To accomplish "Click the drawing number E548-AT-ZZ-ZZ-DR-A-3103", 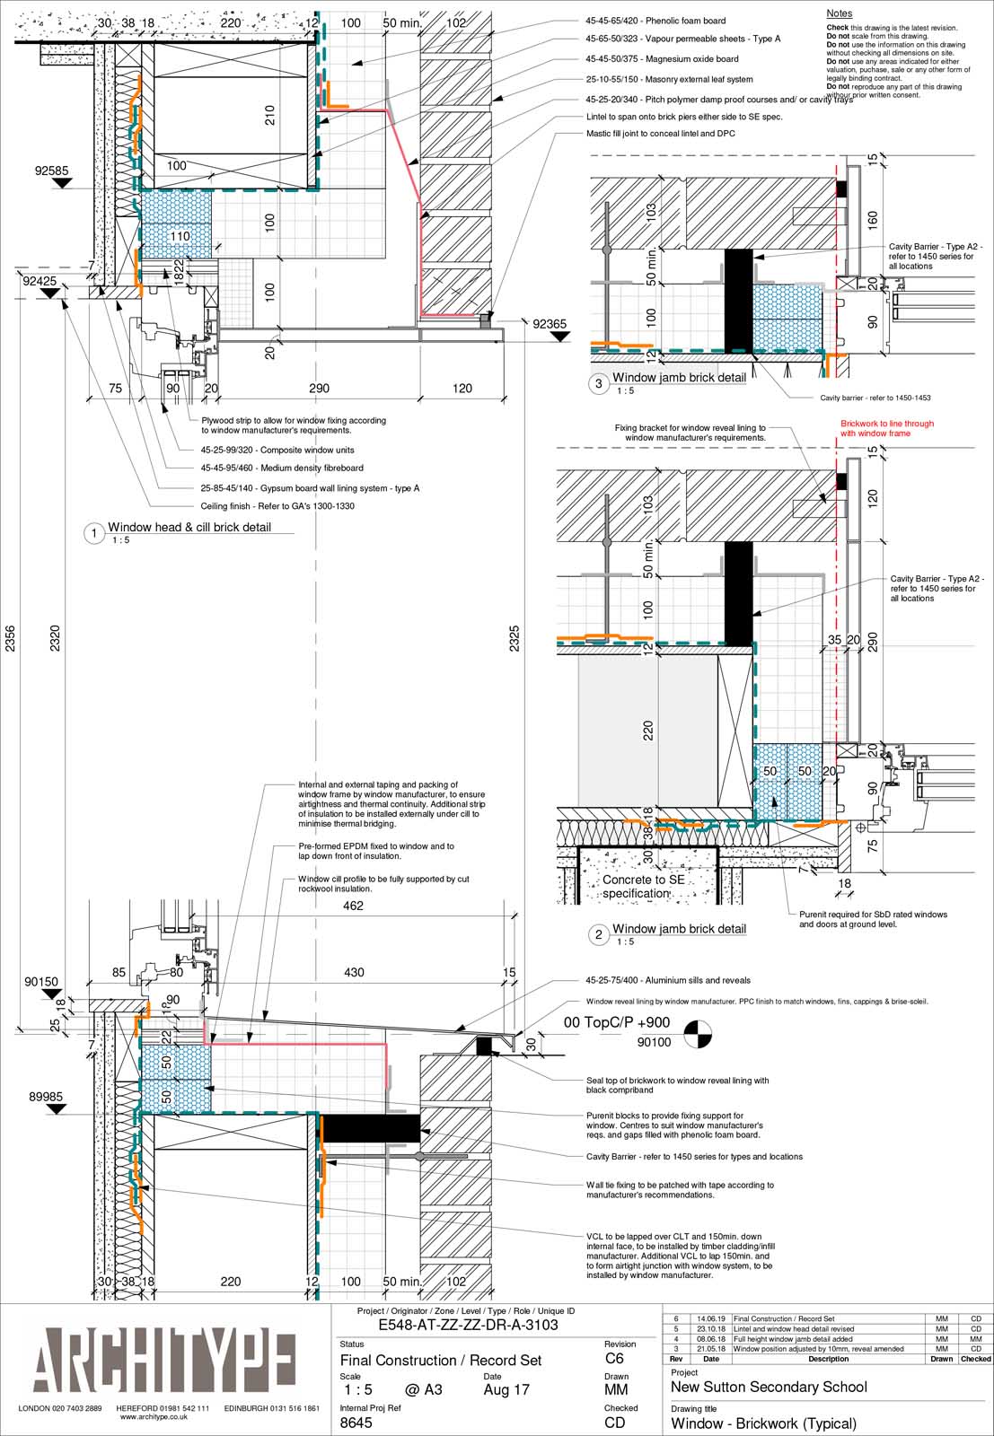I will (468, 1325).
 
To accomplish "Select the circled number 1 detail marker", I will (94, 534).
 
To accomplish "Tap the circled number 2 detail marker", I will (599, 934).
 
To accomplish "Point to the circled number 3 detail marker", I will (599, 383).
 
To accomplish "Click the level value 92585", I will (52, 170).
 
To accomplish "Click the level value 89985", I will (46, 1096).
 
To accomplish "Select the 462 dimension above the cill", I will (353, 906).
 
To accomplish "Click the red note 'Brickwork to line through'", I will (886, 428).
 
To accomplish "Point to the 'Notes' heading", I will (839, 13).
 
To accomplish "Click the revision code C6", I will (614, 1359).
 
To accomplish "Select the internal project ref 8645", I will (356, 1423).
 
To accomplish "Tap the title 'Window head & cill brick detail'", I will (189, 528).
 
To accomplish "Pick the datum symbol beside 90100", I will (696, 1035).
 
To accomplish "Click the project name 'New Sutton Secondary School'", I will (769, 1387).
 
